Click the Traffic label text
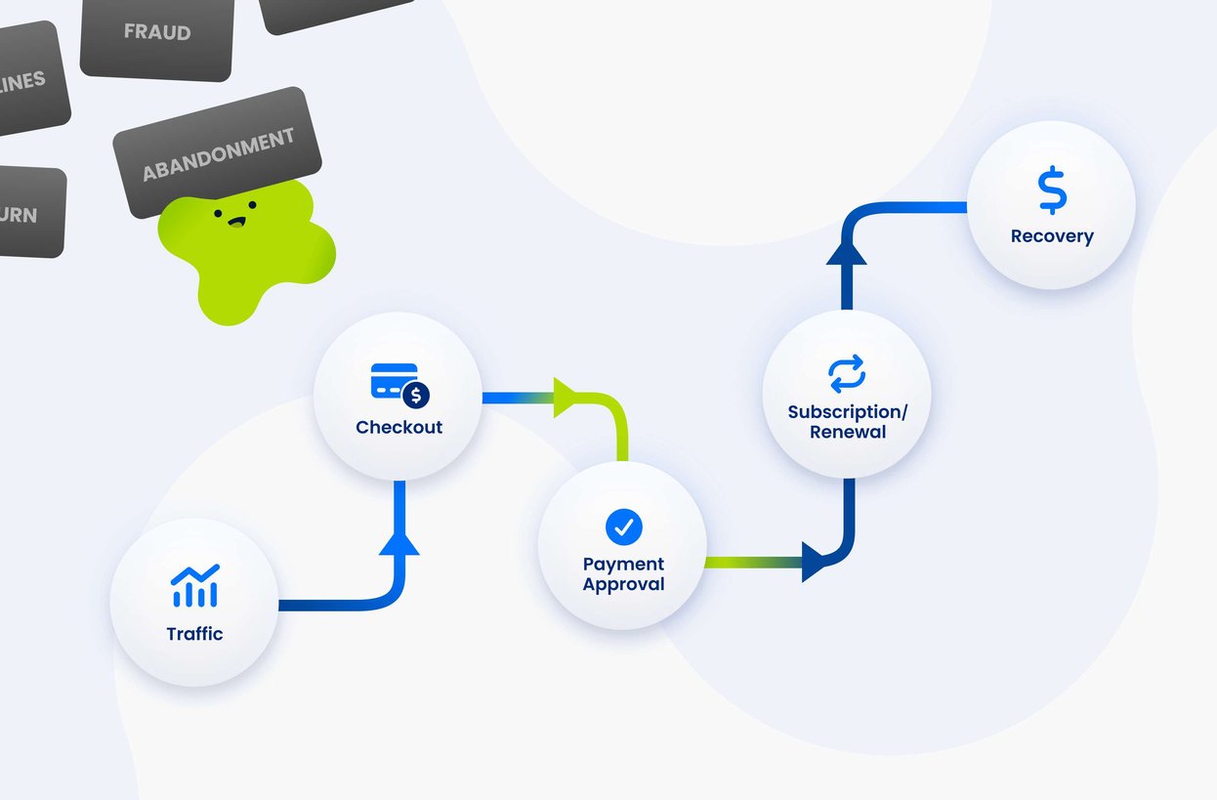tap(194, 634)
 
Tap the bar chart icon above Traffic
tap(194, 586)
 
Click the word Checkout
tap(399, 428)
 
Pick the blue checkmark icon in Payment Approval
tap(623, 526)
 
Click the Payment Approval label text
tap(623, 574)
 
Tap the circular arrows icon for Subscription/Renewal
tap(847, 374)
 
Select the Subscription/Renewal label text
tap(847, 422)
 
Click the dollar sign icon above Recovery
tap(1052, 191)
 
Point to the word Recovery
tap(1052, 236)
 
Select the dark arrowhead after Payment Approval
tap(815, 563)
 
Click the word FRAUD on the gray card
tap(156, 32)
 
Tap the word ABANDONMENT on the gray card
tap(218, 154)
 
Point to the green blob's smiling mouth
tap(235, 222)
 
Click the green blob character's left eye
tap(218, 211)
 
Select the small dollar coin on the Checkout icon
tap(416, 396)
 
